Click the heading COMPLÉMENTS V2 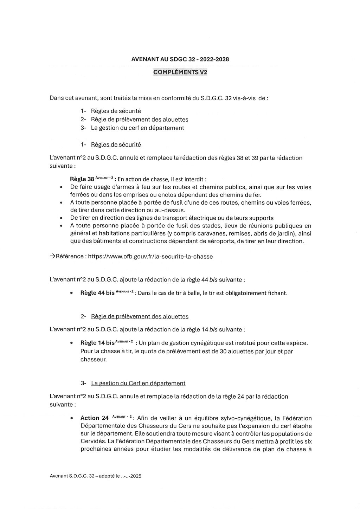click(180, 72)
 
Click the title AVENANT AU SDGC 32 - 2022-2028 click(180, 59)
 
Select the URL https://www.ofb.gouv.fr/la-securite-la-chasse click(150, 257)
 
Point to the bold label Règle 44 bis click(97, 293)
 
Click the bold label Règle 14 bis click(97, 343)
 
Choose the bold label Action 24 click(95, 418)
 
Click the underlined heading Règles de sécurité click(116, 144)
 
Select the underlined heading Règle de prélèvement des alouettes click(140, 316)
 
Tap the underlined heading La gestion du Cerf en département click(138, 383)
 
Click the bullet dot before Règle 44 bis click(72, 293)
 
